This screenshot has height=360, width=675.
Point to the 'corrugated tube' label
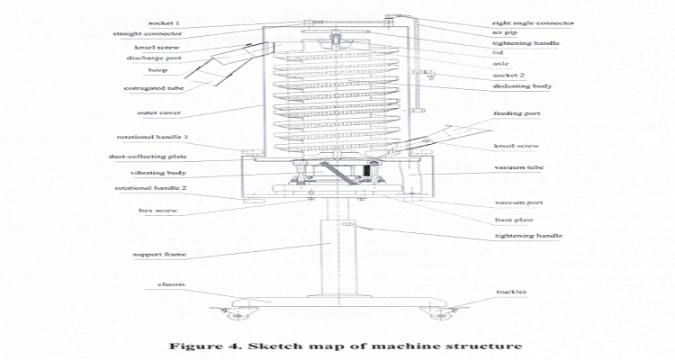tap(148, 88)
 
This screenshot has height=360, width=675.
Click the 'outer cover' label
tap(159, 112)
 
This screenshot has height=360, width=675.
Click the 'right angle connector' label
tap(534, 22)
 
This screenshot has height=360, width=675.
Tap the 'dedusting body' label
tap(522, 86)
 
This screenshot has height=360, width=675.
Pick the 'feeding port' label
tap(517, 115)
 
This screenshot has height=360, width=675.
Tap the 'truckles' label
tap(510, 292)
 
